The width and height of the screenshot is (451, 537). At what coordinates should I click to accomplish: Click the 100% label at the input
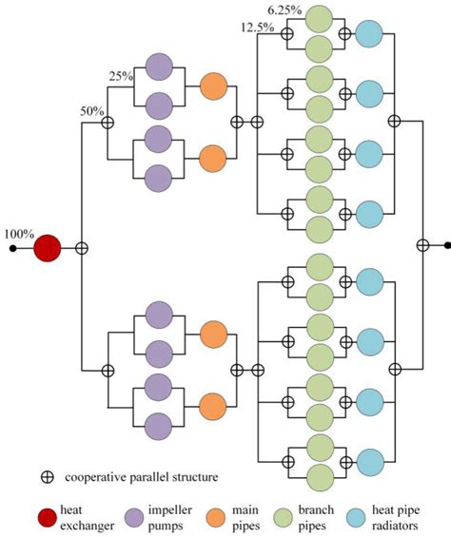19,233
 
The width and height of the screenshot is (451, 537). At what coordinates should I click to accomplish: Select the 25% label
122,75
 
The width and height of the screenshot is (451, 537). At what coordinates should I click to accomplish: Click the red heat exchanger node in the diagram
48,249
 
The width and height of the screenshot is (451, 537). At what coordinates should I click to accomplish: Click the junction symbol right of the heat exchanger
82,249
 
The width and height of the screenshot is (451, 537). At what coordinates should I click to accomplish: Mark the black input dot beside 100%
12,249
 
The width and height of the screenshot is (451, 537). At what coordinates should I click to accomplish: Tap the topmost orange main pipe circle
212,87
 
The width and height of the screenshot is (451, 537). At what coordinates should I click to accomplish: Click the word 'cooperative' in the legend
90,476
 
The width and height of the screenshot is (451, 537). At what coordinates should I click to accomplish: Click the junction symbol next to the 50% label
108,122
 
